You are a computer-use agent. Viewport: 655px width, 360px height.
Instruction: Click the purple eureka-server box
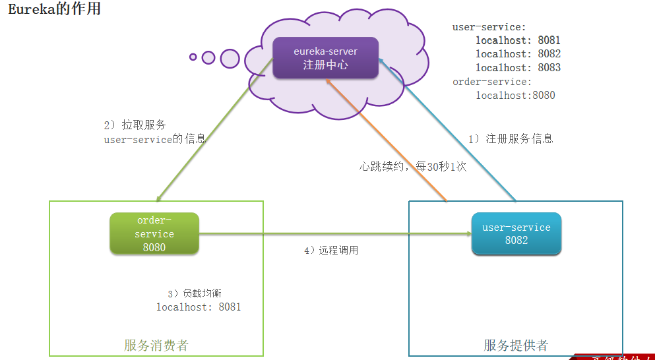point(325,57)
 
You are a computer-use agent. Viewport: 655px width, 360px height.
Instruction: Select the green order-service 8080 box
point(155,233)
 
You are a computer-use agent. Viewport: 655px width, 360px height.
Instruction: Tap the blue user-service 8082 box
point(516,233)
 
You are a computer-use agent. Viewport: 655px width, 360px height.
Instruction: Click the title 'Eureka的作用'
point(54,9)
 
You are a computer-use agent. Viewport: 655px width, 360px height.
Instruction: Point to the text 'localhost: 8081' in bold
point(518,40)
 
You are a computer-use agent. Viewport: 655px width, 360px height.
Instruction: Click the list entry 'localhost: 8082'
point(518,54)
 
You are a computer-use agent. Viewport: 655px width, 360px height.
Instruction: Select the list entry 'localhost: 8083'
point(518,68)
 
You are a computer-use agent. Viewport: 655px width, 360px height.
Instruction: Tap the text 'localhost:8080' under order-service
point(515,96)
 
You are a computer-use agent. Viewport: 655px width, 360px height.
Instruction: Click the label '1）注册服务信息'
point(511,138)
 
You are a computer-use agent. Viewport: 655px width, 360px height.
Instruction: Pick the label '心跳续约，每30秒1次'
point(412,166)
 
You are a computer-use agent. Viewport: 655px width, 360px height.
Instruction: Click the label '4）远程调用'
point(331,251)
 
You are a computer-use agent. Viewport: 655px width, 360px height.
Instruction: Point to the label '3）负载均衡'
point(198,293)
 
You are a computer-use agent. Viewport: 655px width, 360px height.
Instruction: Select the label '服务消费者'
point(156,345)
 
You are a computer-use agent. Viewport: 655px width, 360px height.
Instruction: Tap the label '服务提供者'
point(516,345)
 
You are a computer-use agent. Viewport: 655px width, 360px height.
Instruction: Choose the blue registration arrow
point(449,131)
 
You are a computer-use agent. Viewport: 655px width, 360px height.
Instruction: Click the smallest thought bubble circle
point(193,57)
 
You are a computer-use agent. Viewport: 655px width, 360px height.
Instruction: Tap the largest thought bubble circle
point(230,59)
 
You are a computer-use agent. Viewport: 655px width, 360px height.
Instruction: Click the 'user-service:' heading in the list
point(489,27)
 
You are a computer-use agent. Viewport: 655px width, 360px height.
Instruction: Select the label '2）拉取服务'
point(135,125)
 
